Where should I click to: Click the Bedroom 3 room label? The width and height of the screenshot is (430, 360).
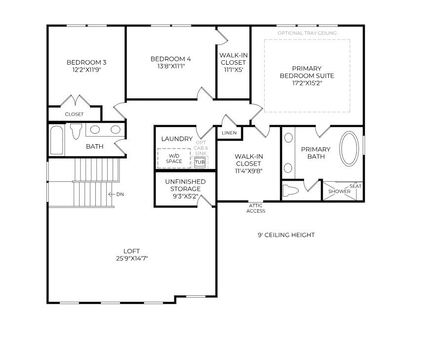[x=86, y=62]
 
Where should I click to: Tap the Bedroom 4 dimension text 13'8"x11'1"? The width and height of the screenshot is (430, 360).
[x=170, y=67]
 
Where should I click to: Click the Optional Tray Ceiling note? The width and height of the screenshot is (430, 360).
[x=307, y=33]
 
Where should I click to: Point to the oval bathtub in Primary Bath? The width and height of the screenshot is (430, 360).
[x=350, y=149]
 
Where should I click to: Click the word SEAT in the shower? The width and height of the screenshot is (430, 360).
[x=355, y=186]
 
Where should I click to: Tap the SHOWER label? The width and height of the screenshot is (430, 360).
[x=339, y=192]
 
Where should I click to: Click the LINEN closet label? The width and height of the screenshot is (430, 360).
[x=229, y=133]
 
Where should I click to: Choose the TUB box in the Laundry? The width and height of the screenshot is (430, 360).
[x=199, y=162]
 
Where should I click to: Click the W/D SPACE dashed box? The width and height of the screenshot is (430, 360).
[x=174, y=159]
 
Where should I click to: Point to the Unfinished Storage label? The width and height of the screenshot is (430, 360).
[x=185, y=185]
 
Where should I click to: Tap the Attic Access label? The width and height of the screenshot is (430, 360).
[x=256, y=208]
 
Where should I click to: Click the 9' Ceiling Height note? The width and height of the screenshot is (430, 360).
[x=286, y=235]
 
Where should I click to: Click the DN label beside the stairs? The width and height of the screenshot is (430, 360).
[x=119, y=195]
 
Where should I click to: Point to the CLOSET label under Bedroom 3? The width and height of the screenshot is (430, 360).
[x=74, y=114]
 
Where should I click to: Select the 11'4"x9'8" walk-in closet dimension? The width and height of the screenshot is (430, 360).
[x=249, y=171]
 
